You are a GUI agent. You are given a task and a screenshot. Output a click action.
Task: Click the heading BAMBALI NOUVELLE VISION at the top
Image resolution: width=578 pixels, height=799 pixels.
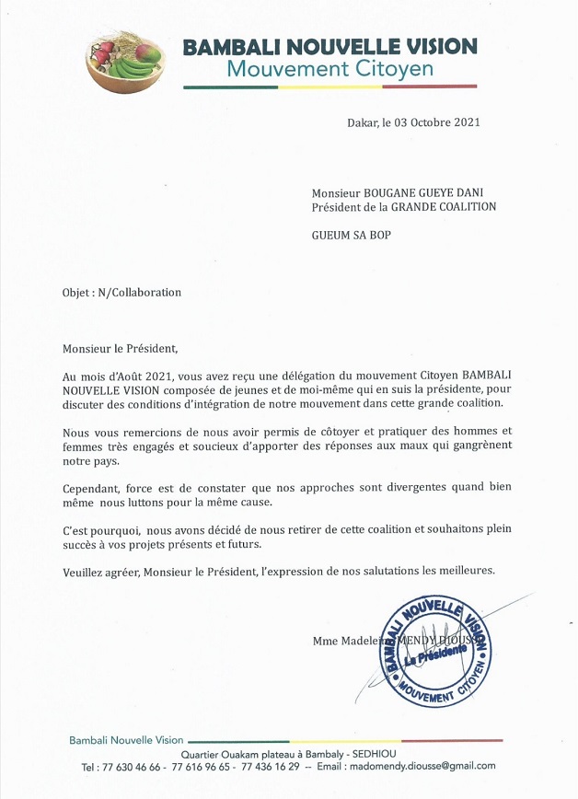pyautogui.click(x=329, y=46)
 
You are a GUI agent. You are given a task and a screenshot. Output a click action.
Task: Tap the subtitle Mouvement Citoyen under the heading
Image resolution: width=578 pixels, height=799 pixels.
pyautogui.click(x=329, y=69)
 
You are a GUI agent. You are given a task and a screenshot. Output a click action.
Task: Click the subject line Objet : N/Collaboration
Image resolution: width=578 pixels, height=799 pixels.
pyautogui.click(x=121, y=293)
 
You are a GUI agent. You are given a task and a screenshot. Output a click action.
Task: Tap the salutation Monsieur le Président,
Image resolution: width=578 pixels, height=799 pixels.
pyautogui.click(x=119, y=349)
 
